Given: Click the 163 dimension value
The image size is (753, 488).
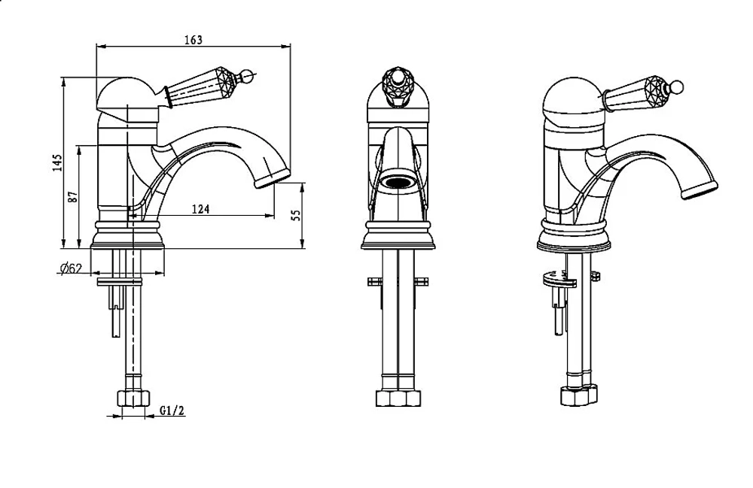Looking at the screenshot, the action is coord(194,39).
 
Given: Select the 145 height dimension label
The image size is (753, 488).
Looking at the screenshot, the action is coord(58,163).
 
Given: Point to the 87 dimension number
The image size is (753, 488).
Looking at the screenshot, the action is coord(73,196).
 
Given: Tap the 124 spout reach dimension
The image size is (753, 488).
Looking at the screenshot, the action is coord(201,209).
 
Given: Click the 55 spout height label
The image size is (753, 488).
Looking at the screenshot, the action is coord(296,214).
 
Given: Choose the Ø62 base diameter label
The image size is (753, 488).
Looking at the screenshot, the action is coord(71,269).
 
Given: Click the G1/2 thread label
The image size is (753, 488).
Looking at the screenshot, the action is coord(172,411).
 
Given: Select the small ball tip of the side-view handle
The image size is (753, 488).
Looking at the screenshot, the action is coord(247,75).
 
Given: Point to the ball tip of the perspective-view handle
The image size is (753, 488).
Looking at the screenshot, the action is coord(677,86).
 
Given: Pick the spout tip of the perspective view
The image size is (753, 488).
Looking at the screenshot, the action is coord(700,190).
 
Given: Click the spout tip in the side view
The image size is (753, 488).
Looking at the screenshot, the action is coord(273,179).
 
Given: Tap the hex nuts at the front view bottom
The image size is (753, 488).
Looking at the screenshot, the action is coord(398,399).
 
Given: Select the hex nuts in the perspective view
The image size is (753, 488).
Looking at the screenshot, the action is coord(580,395).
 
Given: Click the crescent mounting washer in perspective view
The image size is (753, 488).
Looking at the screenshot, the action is coord(559,279).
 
